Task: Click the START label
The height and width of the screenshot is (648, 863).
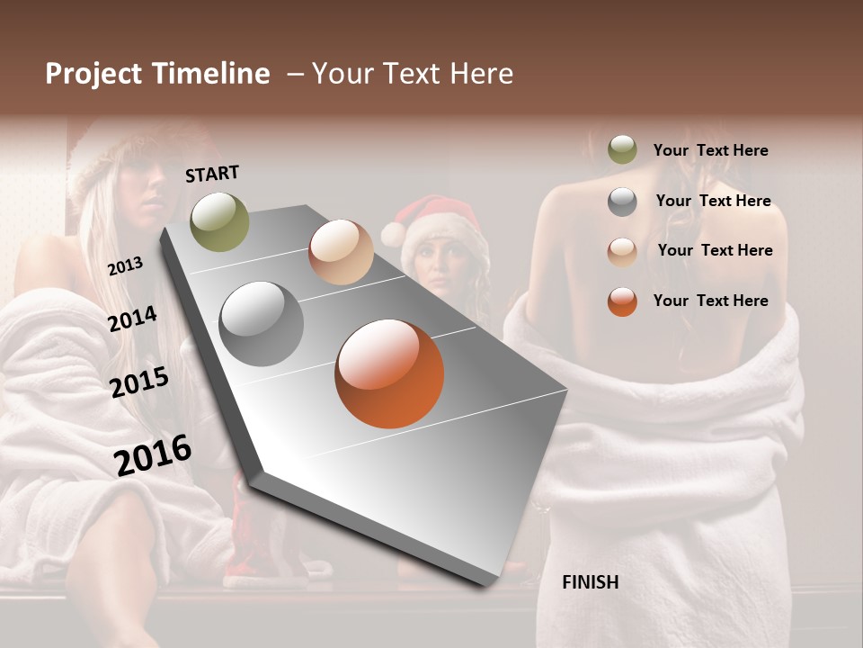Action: point(212,174)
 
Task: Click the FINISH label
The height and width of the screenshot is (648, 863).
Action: point(590,582)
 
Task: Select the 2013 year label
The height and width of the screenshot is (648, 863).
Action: point(125,265)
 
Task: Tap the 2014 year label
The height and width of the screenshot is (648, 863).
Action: point(132,319)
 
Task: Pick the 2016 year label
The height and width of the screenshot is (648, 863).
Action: point(153,454)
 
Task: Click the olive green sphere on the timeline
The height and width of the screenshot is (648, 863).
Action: point(219,221)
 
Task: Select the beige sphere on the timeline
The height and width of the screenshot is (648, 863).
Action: point(341,252)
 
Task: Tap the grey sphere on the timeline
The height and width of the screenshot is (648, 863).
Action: point(261,324)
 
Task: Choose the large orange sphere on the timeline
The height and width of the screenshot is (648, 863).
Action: point(389,373)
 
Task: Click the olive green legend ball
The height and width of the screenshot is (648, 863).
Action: point(622,150)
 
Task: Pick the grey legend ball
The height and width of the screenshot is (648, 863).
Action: point(622,202)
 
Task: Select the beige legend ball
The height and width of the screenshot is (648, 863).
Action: point(622,251)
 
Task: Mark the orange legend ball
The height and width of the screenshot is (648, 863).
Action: point(622,301)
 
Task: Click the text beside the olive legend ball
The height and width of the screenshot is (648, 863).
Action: point(710,150)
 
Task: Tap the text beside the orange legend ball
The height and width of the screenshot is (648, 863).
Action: point(710,301)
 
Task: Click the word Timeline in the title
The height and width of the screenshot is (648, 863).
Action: point(209,74)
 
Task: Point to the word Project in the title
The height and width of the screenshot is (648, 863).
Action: point(93,74)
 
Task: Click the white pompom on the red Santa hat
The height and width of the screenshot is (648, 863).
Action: point(393,234)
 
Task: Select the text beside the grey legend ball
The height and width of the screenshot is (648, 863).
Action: point(713,201)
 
